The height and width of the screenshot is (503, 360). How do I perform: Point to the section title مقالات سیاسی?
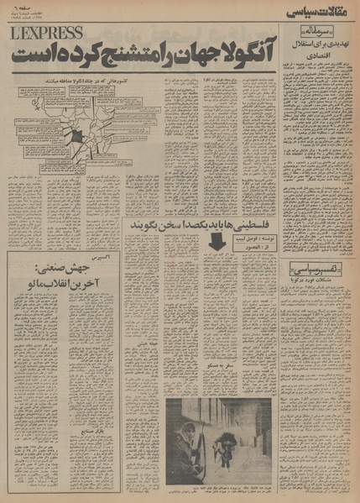tap(321, 13)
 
